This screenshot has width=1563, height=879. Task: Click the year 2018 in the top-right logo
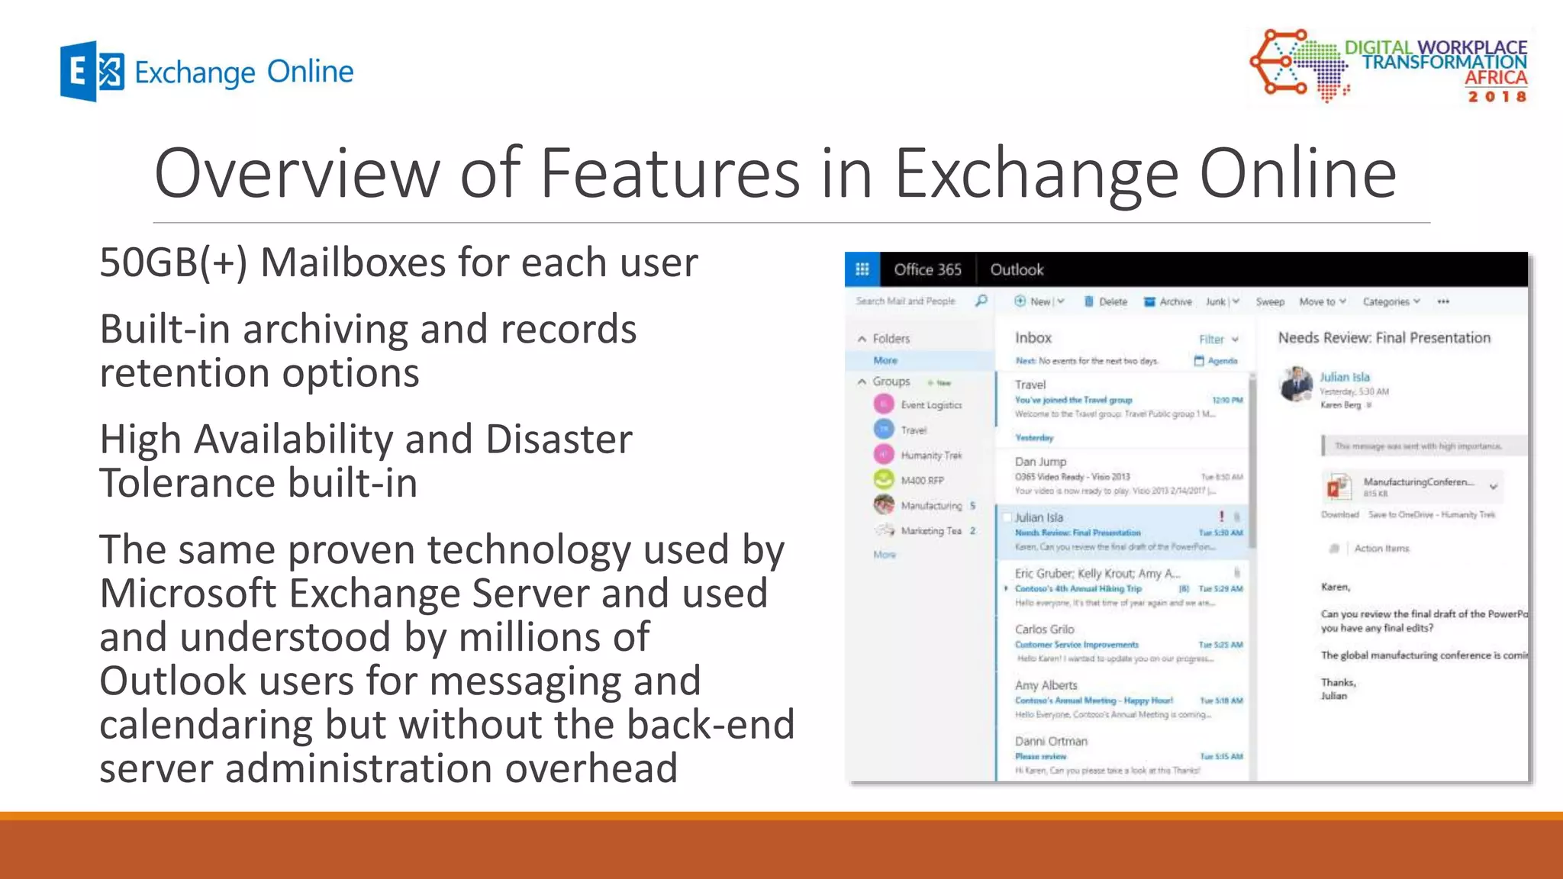(x=1497, y=97)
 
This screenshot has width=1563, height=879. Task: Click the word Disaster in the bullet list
(x=559, y=439)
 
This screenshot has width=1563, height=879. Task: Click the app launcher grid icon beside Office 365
(x=862, y=269)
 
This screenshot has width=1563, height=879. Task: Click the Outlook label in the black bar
(x=1017, y=269)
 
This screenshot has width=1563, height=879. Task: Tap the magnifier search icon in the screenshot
(x=981, y=301)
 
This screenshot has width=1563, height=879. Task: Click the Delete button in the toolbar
(x=1106, y=301)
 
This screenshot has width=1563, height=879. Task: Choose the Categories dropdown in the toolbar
(x=1391, y=301)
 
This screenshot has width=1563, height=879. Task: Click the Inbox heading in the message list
(x=1033, y=338)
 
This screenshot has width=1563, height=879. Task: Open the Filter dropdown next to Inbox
(x=1218, y=339)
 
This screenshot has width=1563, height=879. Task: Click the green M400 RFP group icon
(x=884, y=479)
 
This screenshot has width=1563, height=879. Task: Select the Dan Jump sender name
(x=1040, y=462)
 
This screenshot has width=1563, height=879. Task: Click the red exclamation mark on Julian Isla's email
(x=1221, y=517)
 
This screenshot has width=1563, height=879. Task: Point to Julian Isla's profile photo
(x=1296, y=383)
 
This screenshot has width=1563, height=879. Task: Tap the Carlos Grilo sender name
(x=1044, y=629)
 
